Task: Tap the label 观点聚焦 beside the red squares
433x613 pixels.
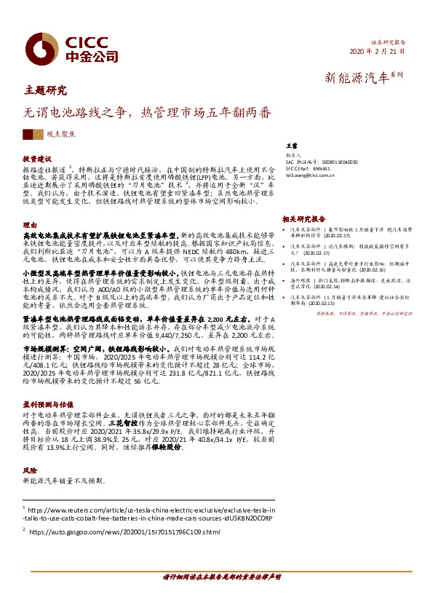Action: pyautogui.click(x=71, y=135)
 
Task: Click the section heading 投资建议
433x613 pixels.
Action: pyautogui.click(x=37, y=158)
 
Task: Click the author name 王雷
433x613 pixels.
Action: pyautogui.click(x=290, y=147)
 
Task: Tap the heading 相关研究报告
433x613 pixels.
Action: pyautogui.click(x=303, y=218)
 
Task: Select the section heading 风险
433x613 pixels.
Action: pyautogui.click(x=30, y=471)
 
